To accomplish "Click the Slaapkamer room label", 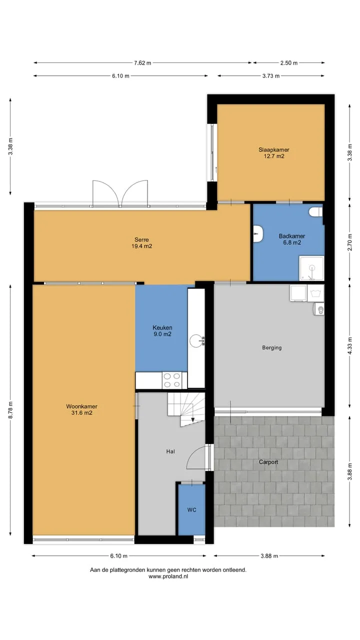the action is point(274,149).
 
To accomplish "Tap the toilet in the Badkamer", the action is point(315,212).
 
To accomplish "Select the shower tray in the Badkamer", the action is point(311,268).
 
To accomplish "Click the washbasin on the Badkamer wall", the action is point(258,234).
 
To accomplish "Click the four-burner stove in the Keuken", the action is point(171,380).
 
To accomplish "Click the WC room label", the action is point(191,509).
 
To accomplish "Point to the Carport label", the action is point(268,462).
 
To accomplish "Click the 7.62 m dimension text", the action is point(142,63).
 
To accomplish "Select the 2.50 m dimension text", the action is point(289,63).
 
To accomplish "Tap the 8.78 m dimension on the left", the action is point(10,410).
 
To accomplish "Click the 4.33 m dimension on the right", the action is point(349,346).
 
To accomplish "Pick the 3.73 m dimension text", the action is point(271,76).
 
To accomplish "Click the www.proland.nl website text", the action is point(168,576).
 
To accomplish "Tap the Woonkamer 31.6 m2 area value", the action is point(81,412).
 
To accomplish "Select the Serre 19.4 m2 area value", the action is point(141,246).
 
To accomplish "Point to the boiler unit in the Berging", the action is point(319,309).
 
